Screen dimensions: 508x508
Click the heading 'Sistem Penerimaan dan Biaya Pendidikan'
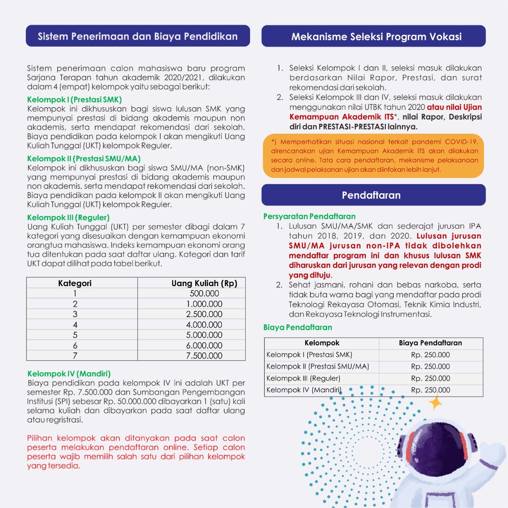138,37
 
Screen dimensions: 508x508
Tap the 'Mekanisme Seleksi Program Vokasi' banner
376,37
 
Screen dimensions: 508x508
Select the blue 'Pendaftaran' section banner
371,195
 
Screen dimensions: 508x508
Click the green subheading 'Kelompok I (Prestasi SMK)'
74,100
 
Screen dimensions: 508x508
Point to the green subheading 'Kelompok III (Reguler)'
68,217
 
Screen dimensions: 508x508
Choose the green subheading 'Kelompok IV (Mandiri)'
69,373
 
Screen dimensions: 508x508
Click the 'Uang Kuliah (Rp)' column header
204,283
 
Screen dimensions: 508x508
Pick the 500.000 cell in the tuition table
204,294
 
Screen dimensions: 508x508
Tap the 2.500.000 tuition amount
204,314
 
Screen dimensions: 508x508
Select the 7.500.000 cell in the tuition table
204,356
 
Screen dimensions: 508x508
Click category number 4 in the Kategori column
75,325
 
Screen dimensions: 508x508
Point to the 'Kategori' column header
75,283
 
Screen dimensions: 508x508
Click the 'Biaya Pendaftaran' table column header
430,343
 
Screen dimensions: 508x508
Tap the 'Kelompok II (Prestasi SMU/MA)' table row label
317,366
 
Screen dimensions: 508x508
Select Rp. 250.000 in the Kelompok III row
430,378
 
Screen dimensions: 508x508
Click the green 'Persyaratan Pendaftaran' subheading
310,216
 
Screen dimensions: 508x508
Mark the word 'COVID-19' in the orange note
461,142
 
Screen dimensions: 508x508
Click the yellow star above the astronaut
435,403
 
